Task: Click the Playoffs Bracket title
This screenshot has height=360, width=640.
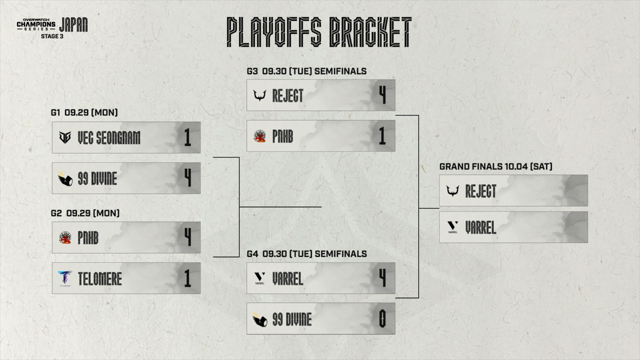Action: click(x=319, y=32)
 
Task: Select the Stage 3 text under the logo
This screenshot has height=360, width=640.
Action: click(x=52, y=36)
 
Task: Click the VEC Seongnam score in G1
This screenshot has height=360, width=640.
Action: click(x=188, y=137)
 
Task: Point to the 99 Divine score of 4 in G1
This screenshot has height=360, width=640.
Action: click(x=188, y=178)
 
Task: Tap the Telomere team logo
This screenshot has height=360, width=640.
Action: click(x=65, y=278)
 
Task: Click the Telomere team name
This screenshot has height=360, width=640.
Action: click(x=100, y=279)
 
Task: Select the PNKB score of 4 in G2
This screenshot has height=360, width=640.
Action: click(x=188, y=237)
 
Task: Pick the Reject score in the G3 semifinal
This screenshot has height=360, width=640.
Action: click(x=383, y=95)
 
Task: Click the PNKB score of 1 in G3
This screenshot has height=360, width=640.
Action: click(x=382, y=136)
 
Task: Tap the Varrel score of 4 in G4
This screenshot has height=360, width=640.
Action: click(x=383, y=278)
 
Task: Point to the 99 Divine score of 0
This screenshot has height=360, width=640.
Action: click(x=383, y=319)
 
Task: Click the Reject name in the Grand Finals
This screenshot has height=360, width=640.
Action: click(x=481, y=191)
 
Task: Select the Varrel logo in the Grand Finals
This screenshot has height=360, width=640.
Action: click(x=453, y=227)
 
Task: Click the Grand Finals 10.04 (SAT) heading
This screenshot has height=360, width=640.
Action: click(x=496, y=166)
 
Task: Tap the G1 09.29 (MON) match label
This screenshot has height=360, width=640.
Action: click(x=84, y=113)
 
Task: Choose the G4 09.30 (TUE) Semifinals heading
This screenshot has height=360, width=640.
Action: click(x=307, y=254)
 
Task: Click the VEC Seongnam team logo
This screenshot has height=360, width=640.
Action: click(x=65, y=137)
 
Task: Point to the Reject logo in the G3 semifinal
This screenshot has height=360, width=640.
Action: click(x=260, y=95)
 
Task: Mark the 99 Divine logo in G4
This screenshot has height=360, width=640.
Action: click(x=259, y=319)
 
